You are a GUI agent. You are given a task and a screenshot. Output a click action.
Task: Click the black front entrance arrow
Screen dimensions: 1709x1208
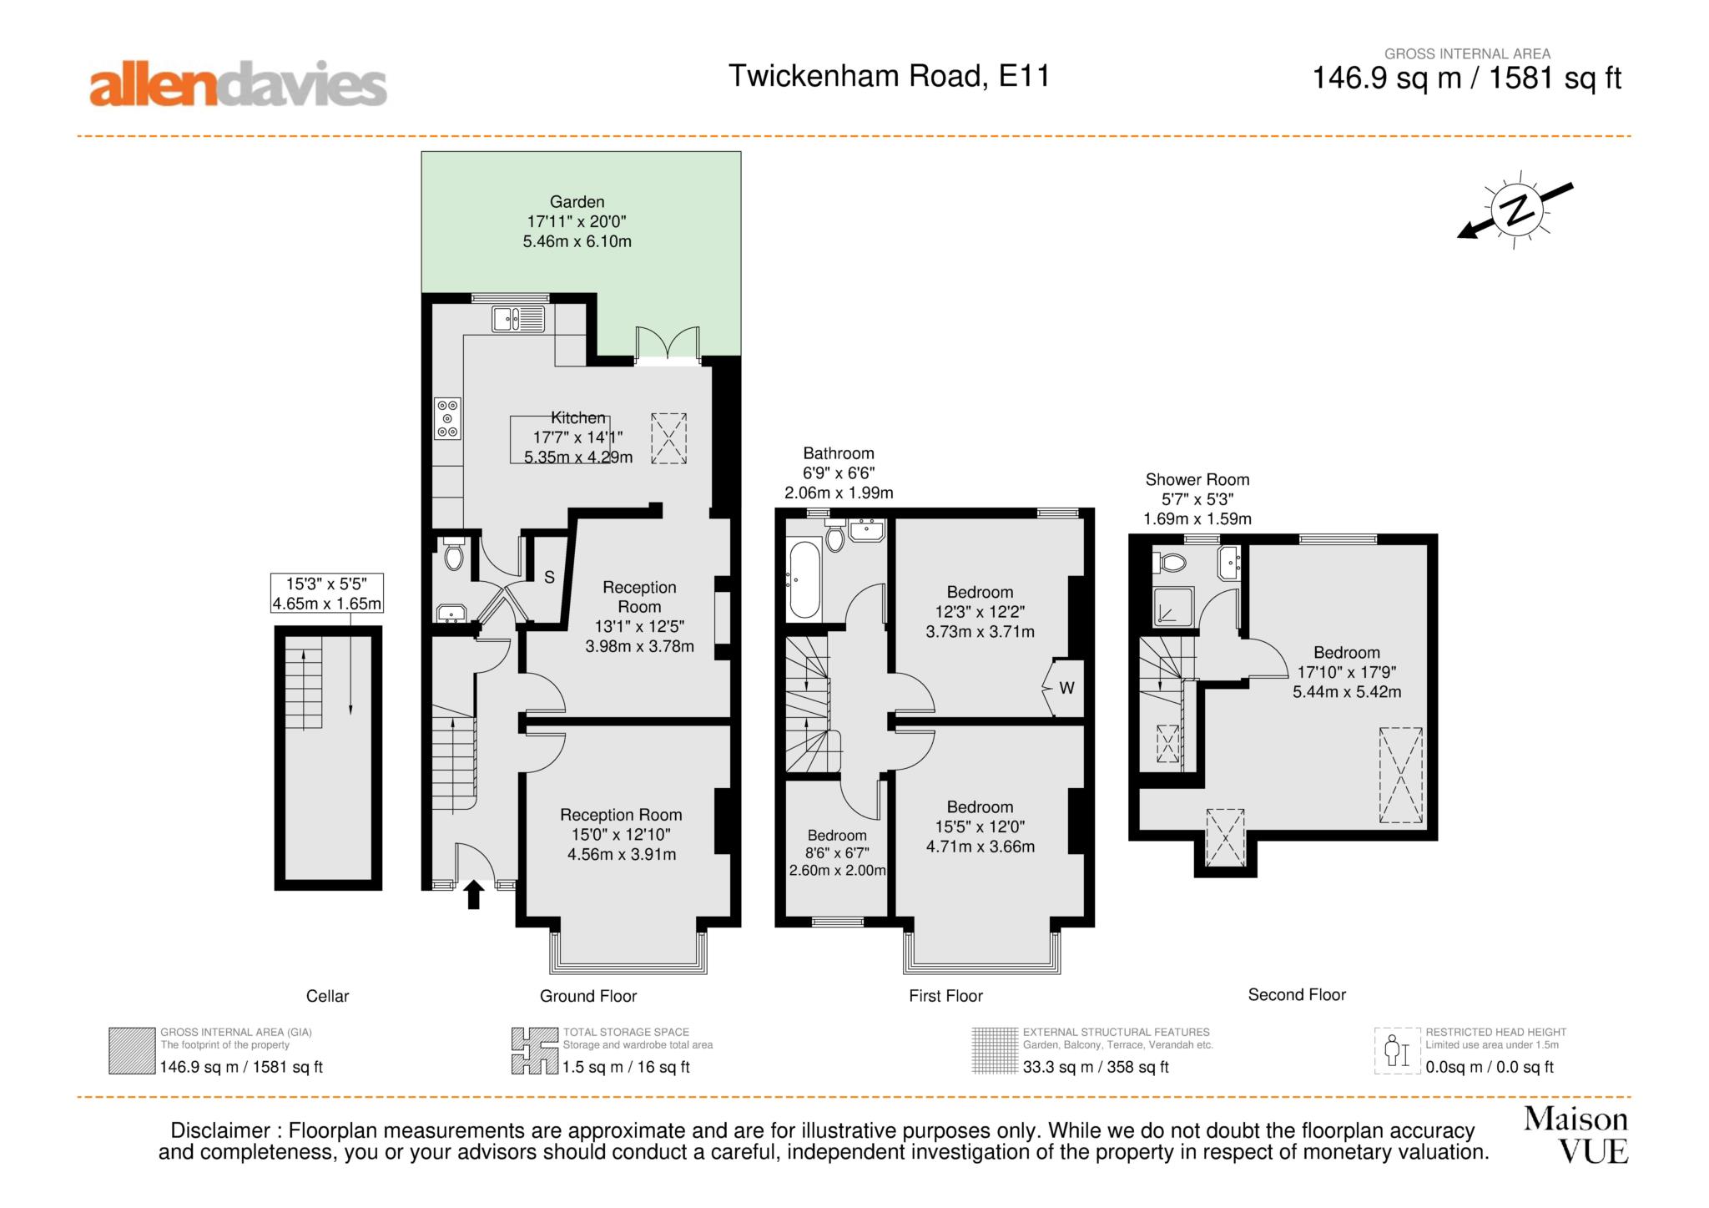pyautogui.click(x=474, y=894)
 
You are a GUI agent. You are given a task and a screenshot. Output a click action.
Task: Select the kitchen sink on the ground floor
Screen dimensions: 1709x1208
pyautogui.click(x=518, y=319)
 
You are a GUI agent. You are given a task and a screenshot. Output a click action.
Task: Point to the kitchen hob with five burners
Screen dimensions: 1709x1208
pyautogui.click(x=448, y=418)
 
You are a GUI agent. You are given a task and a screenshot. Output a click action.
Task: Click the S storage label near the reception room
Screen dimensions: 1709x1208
pyautogui.click(x=549, y=577)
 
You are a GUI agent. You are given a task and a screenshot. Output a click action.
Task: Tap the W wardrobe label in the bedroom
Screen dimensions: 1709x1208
pyautogui.click(x=1066, y=689)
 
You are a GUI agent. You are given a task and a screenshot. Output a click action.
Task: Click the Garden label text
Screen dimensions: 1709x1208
pyautogui.click(x=577, y=201)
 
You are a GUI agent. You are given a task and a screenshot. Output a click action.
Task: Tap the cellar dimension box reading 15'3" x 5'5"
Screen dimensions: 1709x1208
pyautogui.click(x=327, y=593)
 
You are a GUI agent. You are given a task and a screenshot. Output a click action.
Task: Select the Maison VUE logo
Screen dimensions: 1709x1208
pyautogui.click(x=1575, y=1135)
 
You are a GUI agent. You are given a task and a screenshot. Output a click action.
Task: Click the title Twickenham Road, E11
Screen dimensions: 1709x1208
pyautogui.click(x=889, y=76)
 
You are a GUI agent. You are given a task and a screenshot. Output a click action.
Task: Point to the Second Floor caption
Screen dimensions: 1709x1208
pyautogui.click(x=1297, y=994)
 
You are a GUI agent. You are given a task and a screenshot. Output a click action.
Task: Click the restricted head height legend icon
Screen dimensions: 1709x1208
pyautogui.click(x=1397, y=1051)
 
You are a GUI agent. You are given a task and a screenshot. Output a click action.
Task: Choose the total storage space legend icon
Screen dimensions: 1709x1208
pyautogui.click(x=535, y=1051)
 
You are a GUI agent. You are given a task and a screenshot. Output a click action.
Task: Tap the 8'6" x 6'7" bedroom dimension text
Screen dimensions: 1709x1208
pyautogui.click(x=837, y=852)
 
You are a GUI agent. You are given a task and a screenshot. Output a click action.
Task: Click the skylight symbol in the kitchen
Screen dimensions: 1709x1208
pyautogui.click(x=668, y=437)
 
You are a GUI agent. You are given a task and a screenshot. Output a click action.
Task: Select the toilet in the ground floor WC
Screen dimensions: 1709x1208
pyautogui.click(x=453, y=553)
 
